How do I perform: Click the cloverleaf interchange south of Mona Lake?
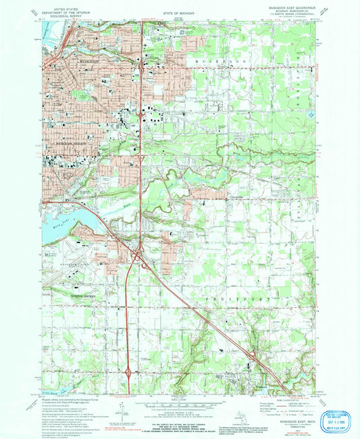[139, 257]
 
